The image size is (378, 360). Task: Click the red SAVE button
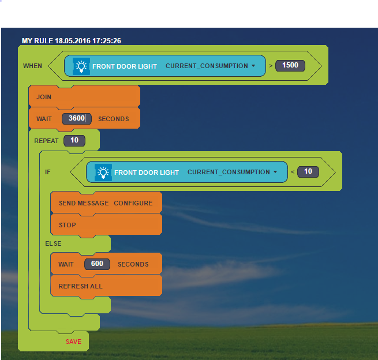(x=73, y=342)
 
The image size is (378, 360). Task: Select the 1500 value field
(x=290, y=66)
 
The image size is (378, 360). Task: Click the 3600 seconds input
(x=77, y=118)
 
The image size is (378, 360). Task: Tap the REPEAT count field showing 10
(x=74, y=141)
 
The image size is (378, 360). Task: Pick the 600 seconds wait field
(x=97, y=264)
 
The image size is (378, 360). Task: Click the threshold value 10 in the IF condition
(x=308, y=172)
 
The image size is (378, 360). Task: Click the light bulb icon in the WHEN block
(x=81, y=66)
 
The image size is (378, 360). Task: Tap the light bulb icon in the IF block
(x=103, y=172)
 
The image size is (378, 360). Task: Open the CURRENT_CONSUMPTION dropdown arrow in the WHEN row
(x=253, y=66)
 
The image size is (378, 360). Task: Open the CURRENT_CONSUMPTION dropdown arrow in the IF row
(x=275, y=172)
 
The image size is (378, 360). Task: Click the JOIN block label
(x=44, y=97)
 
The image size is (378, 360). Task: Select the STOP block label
(x=68, y=225)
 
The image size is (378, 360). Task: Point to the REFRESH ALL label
(x=81, y=286)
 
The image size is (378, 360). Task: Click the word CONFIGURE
(x=133, y=203)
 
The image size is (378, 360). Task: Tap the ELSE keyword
(x=53, y=243)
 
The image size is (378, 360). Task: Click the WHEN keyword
(x=32, y=66)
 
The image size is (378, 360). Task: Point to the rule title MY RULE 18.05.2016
(x=56, y=41)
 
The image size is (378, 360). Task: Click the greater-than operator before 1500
(x=271, y=66)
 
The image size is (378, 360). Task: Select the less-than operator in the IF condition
(x=293, y=172)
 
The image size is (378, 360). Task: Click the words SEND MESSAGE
(x=84, y=203)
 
